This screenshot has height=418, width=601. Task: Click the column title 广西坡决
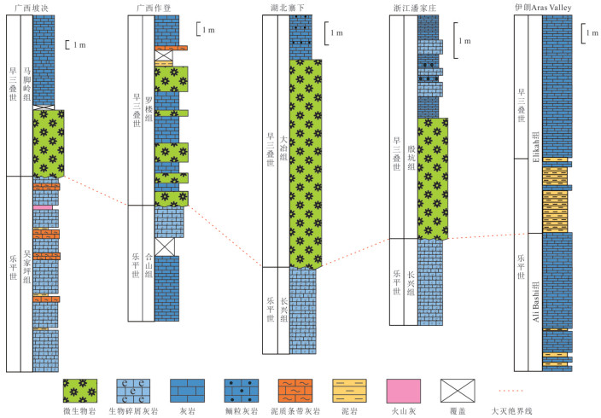(32, 8)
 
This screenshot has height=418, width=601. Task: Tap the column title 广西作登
(154, 8)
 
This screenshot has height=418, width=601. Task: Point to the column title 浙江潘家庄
(415, 8)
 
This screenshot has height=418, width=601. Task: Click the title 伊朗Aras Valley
(543, 8)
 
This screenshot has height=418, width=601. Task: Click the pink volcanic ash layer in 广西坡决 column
(43, 207)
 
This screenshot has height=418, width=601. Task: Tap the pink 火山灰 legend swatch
(404, 391)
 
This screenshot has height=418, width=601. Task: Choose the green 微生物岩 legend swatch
(79, 391)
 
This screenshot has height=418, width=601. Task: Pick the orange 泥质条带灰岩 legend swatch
(295, 391)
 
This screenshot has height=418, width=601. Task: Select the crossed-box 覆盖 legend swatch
(458, 391)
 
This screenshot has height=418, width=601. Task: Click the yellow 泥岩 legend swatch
(349, 391)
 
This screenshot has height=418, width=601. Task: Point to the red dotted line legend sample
(511, 391)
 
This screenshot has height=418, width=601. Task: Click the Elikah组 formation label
(536, 147)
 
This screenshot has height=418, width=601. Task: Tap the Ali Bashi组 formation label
(536, 301)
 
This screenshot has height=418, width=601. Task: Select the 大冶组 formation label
(283, 148)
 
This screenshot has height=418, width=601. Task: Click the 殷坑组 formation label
(411, 157)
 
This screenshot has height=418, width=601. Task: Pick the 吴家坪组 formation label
(26, 267)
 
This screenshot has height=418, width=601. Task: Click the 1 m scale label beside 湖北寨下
(337, 33)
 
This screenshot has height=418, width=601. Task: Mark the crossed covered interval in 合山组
(165, 247)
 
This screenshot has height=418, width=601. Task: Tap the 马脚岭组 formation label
(26, 84)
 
